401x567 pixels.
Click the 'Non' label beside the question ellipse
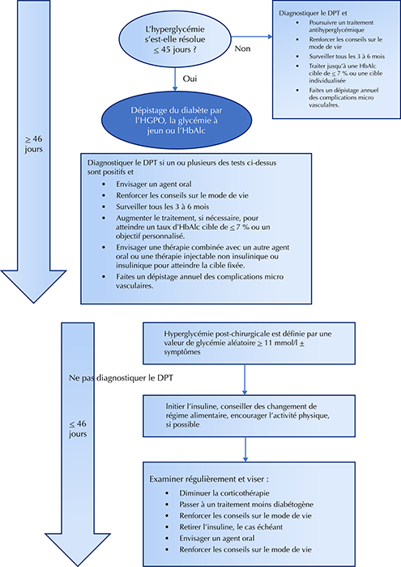(x=242, y=49)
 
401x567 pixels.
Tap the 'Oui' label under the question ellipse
(x=190, y=79)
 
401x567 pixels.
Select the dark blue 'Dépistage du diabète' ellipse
(x=177, y=121)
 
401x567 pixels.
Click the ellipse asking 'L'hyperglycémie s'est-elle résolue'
(x=175, y=40)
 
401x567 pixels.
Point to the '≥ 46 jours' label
(x=34, y=144)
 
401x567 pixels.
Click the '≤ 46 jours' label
(x=78, y=428)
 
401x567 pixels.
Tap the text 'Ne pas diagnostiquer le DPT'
(x=121, y=378)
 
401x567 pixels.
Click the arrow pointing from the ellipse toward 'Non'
(x=252, y=36)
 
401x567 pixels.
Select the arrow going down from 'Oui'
(x=175, y=79)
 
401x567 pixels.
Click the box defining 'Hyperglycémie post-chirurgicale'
(x=250, y=343)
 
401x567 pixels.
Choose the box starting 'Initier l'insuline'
(x=250, y=416)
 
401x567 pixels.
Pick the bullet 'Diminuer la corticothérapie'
(x=224, y=493)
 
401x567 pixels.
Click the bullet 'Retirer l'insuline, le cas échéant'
(x=231, y=526)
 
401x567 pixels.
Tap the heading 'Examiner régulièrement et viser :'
(x=209, y=480)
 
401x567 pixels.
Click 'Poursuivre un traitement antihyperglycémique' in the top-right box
(x=336, y=26)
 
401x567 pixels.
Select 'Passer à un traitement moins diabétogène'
(x=246, y=505)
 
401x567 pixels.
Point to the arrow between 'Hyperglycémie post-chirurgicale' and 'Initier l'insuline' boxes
(x=245, y=379)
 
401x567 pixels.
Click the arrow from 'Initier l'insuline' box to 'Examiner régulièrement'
(x=245, y=449)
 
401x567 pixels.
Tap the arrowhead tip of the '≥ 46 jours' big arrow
(x=34, y=303)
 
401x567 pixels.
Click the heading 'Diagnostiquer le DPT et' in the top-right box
(x=314, y=13)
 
